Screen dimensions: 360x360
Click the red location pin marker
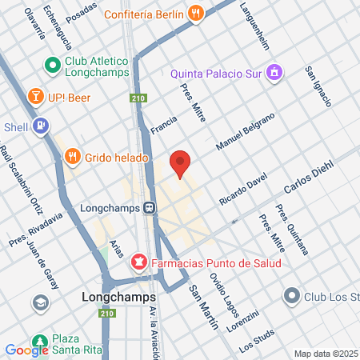(181, 163)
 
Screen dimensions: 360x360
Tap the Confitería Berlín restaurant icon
(196, 13)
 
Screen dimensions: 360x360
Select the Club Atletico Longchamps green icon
(53, 64)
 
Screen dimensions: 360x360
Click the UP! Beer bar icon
(36, 97)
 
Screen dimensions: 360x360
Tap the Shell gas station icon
(41, 126)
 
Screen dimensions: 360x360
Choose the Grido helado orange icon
(72, 157)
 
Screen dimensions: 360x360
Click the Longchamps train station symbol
(150, 208)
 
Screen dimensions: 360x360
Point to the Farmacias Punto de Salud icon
(139, 262)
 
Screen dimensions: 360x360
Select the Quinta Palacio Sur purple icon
(274, 74)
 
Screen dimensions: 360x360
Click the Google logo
(27, 350)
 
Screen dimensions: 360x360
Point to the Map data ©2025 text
(324, 353)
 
